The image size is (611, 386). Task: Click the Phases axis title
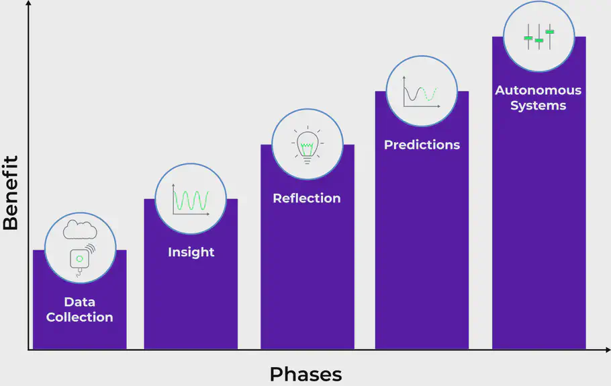[x=305, y=374]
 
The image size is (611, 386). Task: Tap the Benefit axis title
[x=11, y=193]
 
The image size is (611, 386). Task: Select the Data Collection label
[x=79, y=310]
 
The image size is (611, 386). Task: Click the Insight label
[x=191, y=252]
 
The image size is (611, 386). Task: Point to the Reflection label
[x=306, y=198]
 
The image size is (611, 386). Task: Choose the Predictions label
[x=422, y=145]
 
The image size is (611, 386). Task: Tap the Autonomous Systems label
[x=538, y=98]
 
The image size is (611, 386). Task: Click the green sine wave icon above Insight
[x=191, y=200]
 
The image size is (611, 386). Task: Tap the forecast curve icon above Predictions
[x=421, y=93]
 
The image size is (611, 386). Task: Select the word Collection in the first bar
[x=79, y=317]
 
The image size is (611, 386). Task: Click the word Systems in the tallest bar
[x=538, y=106]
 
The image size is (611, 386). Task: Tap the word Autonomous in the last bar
[x=538, y=90]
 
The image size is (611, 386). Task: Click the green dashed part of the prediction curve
[x=431, y=96]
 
